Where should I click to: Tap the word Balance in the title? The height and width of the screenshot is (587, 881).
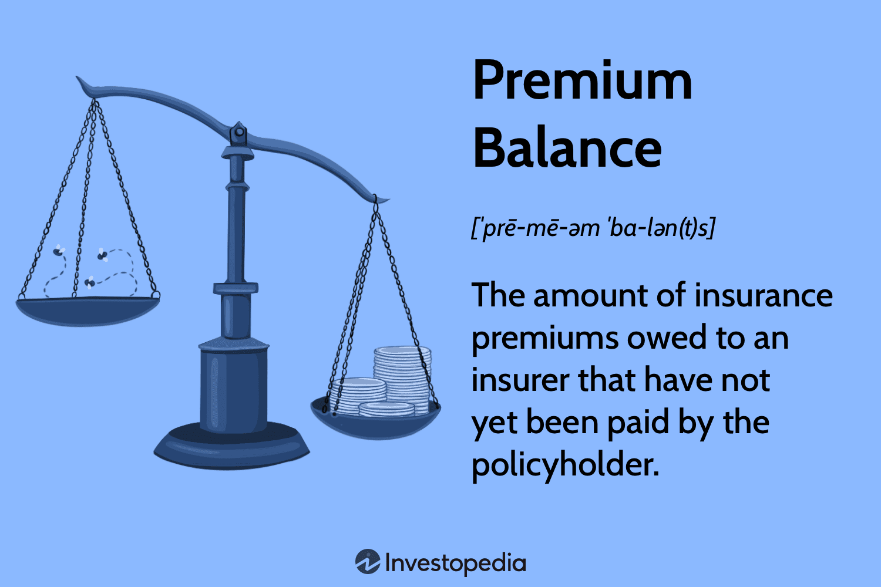[567, 148]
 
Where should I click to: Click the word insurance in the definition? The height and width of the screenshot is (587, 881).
[763, 295]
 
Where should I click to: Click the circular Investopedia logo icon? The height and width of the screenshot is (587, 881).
[368, 562]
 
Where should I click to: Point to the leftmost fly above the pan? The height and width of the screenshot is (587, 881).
[59, 251]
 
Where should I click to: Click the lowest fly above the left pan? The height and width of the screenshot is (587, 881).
[89, 283]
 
